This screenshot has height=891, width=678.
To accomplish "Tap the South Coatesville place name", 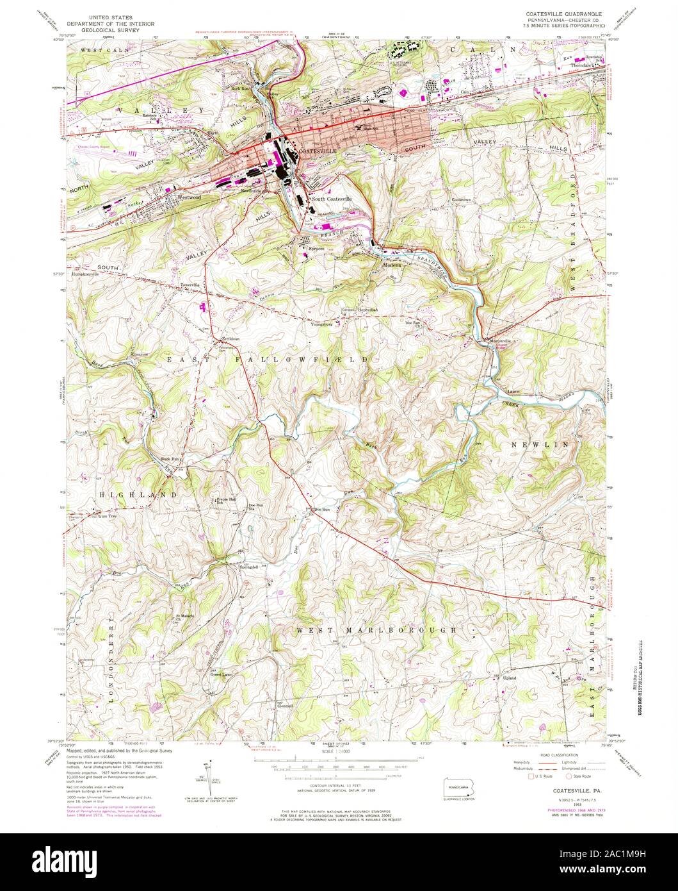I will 332,199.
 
